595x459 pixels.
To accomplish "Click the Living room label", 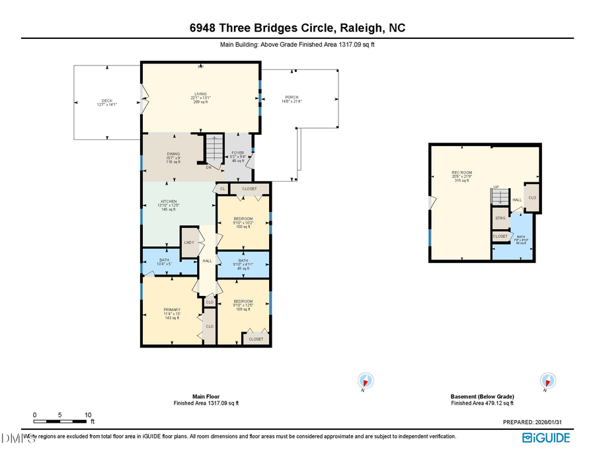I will pos(200,98).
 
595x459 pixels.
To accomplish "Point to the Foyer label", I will pos(237,157).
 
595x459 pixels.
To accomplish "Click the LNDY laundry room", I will pos(189,243).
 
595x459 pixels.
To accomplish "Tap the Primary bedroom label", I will pos(172,312).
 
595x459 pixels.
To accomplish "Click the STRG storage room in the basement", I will pos(500,217).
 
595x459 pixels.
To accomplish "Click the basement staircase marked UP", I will pos(500,196).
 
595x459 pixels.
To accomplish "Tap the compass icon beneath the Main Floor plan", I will pos(365,381).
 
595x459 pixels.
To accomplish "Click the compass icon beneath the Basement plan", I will pos(547,381).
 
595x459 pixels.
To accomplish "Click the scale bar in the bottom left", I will pos(61,420).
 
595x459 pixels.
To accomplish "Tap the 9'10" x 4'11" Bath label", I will pos(243,265).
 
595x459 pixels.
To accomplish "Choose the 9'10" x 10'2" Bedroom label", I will pos(243,223).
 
